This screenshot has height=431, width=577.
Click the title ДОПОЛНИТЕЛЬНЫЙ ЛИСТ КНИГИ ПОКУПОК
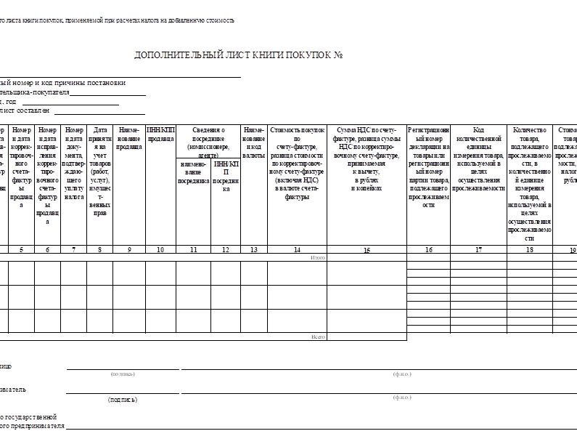[238, 55]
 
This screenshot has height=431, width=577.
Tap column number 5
[21, 250]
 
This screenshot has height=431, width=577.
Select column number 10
[160, 250]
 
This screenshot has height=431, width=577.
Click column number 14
[297, 250]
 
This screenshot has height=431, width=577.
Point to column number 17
[478, 250]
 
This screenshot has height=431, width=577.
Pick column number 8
[99, 250]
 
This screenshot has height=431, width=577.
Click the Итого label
[318, 258]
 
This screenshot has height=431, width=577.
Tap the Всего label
[318, 337]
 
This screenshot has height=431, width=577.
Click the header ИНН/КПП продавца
[160, 134]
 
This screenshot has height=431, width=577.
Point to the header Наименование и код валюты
[253, 142]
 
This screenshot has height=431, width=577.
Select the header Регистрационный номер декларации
[429, 167]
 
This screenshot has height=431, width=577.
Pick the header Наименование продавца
[129, 134]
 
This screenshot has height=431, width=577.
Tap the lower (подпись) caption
[123, 400]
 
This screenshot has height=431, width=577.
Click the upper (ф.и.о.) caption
[401, 374]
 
